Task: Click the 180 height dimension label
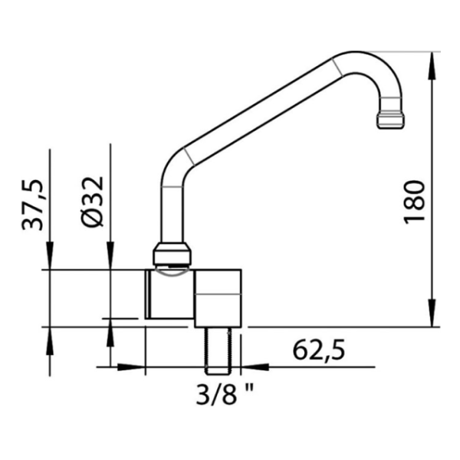(x=415, y=202)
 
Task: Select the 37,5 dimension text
(x=32, y=205)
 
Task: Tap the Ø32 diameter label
(x=94, y=202)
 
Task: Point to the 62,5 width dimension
(x=319, y=350)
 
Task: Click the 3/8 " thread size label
(x=225, y=394)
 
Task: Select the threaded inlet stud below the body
(x=219, y=351)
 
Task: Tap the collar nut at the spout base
(x=172, y=254)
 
